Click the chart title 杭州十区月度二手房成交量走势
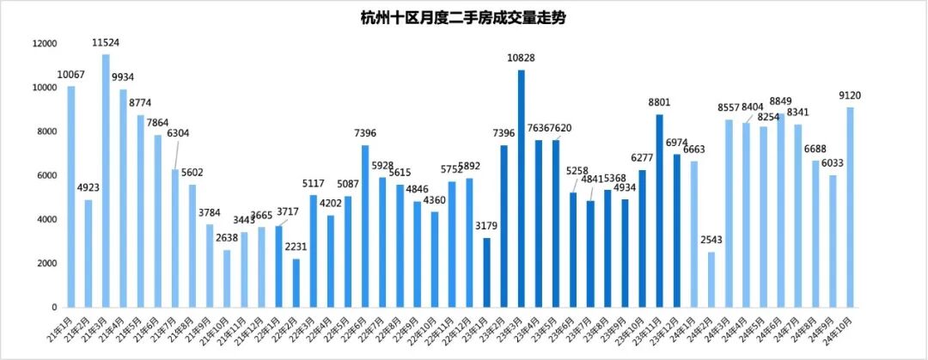(x=463, y=16)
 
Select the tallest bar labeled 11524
(x=106, y=180)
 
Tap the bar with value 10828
(x=521, y=188)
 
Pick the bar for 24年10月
(x=850, y=207)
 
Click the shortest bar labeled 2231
(x=296, y=283)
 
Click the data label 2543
(x=711, y=241)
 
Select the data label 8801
(x=660, y=104)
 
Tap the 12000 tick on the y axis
(x=44, y=44)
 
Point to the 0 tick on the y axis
(x=53, y=307)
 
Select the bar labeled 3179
(x=486, y=272)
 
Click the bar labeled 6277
(x=642, y=238)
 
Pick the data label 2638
(x=227, y=239)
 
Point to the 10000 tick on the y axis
(x=44, y=88)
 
